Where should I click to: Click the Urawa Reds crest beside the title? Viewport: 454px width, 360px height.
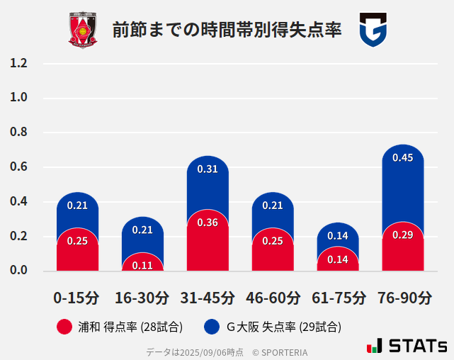pyautogui.click(x=83, y=30)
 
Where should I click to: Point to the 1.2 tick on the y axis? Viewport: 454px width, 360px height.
pyautogui.click(x=18, y=63)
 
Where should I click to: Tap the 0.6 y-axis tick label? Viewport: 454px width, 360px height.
pyautogui.click(x=18, y=167)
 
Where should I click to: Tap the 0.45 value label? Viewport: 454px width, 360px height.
pyautogui.click(x=402, y=158)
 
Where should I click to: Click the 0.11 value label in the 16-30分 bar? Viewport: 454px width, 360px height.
pyautogui.click(x=142, y=265)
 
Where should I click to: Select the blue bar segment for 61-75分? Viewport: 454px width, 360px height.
pyautogui.click(x=338, y=234)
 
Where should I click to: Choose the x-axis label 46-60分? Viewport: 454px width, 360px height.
pyautogui.click(x=273, y=298)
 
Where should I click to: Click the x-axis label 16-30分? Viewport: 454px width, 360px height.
pyautogui.click(x=142, y=298)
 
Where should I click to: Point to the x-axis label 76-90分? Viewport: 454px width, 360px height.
pyautogui.click(x=402, y=298)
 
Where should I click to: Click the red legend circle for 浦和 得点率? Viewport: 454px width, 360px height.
pyautogui.click(x=64, y=327)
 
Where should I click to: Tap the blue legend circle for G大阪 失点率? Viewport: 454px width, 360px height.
pyautogui.click(x=212, y=327)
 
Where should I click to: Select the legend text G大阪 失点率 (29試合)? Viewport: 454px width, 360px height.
pyautogui.click(x=283, y=327)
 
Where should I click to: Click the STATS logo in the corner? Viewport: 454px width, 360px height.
pyautogui.click(x=407, y=347)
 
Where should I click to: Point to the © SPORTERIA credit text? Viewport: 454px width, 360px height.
pyautogui.click(x=280, y=352)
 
